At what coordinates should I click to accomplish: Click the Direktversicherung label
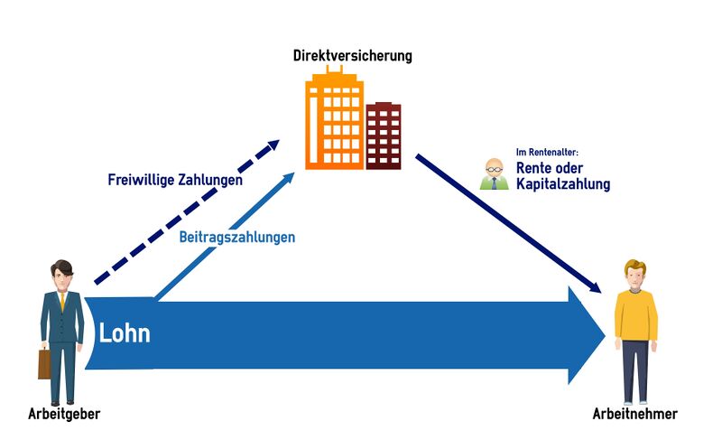(352, 56)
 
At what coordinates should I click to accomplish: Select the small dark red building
(384, 136)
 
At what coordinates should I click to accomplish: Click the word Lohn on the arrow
(125, 333)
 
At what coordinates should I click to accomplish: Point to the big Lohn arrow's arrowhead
(583, 335)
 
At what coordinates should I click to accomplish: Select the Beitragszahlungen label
(236, 238)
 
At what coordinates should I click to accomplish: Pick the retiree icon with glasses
(494, 174)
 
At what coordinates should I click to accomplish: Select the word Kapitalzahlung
(563, 184)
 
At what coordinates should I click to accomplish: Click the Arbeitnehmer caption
(634, 415)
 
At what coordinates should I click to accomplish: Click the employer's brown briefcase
(44, 363)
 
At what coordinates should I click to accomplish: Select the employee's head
(635, 273)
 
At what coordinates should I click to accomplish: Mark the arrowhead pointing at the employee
(596, 287)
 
